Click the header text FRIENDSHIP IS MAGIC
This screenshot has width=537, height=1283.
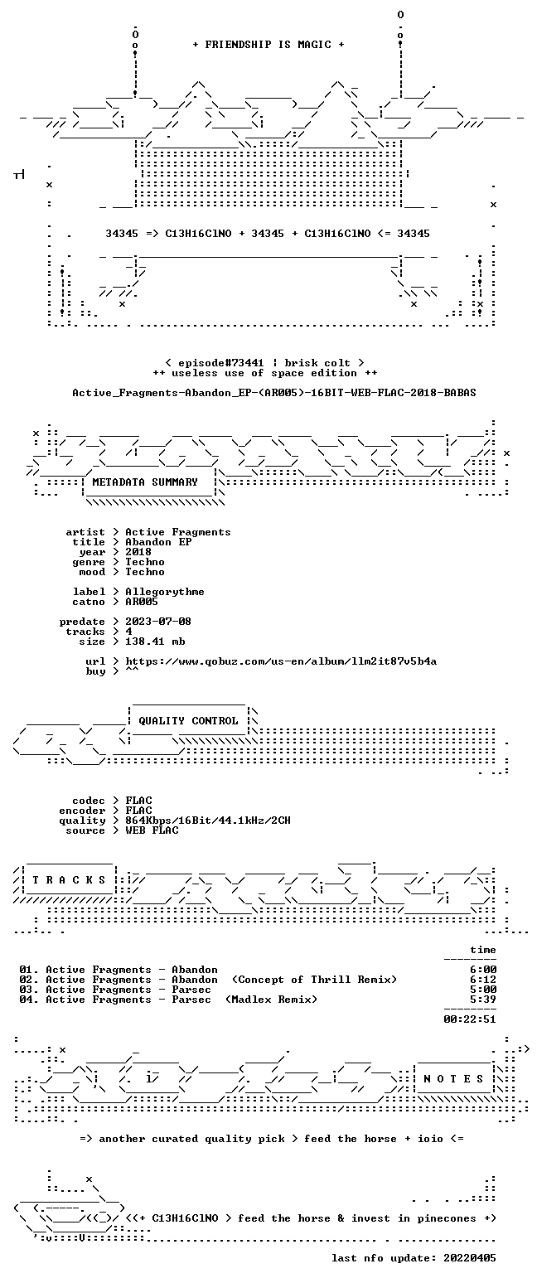click(268, 45)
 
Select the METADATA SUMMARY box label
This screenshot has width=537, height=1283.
click(145, 482)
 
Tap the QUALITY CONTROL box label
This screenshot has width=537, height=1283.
click(188, 720)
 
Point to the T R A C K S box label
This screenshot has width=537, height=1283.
click(70, 879)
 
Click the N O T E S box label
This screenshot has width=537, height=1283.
click(453, 1078)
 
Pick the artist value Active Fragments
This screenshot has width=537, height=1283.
click(178, 532)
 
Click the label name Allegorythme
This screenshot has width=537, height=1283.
click(165, 592)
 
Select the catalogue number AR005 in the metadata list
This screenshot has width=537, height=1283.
click(142, 602)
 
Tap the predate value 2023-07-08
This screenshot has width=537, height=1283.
click(158, 622)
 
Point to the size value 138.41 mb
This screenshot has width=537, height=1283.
click(155, 641)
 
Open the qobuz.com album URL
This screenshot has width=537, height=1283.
click(281, 661)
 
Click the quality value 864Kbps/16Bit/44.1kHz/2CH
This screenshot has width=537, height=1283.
click(208, 821)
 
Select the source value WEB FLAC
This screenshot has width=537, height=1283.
click(152, 830)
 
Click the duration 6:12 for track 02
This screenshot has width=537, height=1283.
click(483, 980)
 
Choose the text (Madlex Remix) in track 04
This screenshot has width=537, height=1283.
click(271, 1000)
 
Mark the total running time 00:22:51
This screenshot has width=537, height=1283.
click(470, 1019)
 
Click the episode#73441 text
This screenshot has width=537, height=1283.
click(221, 362)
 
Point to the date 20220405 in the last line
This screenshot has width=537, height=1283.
click(469, 1258)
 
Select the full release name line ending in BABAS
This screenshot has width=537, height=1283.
click(274, 393)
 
